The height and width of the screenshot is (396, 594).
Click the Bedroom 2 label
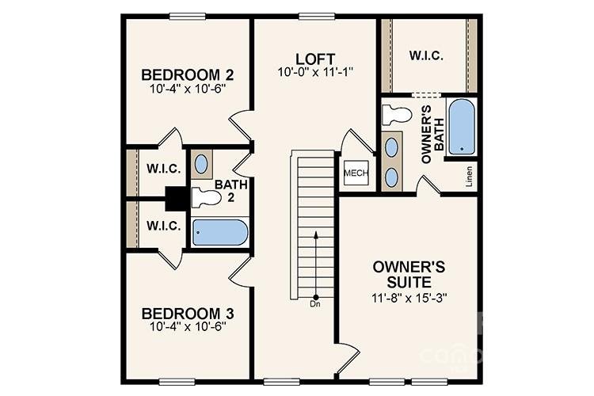[x=186, y=74]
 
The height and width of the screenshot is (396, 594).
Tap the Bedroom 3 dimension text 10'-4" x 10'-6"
[x=186, y=326]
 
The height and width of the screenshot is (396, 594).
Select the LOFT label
[x=314, y=59]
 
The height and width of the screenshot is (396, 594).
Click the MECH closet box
[x=354, y=173]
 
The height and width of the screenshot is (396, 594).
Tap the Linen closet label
[x=470, y=172]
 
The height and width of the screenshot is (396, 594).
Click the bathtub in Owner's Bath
[x=461, y=126]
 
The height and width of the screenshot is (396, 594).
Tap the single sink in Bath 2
[x=202, y=164]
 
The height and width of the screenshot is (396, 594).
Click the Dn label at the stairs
[x=314, y=303]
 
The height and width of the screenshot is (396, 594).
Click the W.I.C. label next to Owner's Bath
[x=425, y=55]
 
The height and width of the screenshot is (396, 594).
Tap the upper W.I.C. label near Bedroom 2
[x=164, y=169]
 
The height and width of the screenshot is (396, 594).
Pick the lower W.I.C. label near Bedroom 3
[x=164, y=226]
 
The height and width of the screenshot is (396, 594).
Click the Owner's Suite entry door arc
[x=347, y=358]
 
